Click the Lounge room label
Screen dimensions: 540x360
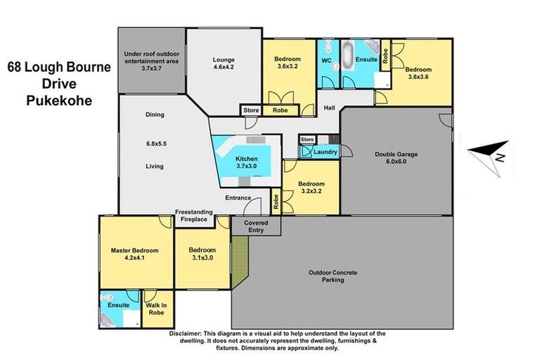click(x=224, y=63)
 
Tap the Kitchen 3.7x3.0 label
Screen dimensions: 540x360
click(x=247, y=162)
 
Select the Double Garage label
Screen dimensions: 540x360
click(x=396, y=157)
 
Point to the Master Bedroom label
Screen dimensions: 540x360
click(x=135, y=254)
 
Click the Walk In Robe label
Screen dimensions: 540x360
click(x=156, y=309)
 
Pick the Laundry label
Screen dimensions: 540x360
click(x=325, y=152)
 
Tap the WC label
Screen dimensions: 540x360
click(x=326, y=60)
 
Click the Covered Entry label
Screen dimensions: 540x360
click(x=256, y=226)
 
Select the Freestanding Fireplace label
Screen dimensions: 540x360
click(x=194, y=216)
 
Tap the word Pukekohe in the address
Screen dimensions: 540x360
click(x=59, y=101)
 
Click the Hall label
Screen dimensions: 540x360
click(x=329, y=108)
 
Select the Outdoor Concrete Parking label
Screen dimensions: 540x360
click(x=333, y=276)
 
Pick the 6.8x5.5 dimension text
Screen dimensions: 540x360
click(x=156, y=143)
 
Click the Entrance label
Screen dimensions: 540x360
click(x=238, y=198)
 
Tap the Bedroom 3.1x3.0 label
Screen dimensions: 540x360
click(x=202, y=254)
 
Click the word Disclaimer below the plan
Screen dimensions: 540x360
click(x=185, y=333)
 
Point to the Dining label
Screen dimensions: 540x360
click(x=155, y=115)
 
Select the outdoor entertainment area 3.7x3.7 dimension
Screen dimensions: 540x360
click(x=152, y=68)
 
